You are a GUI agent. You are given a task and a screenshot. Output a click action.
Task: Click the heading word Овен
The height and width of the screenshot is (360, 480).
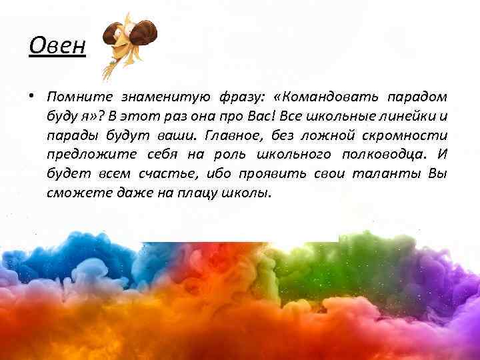[57, 47]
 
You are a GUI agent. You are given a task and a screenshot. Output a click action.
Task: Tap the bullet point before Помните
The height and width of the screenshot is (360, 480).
[31, 98]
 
